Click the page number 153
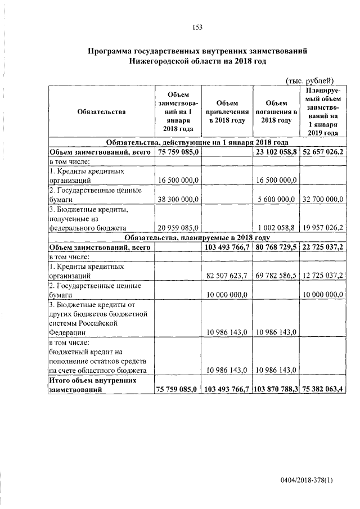197,26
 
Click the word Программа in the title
112,51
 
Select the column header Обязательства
101,112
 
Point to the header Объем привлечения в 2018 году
227,112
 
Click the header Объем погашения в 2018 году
276,112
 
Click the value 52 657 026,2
323,152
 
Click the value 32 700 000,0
323,199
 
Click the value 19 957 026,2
323,228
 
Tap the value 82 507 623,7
227,276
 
